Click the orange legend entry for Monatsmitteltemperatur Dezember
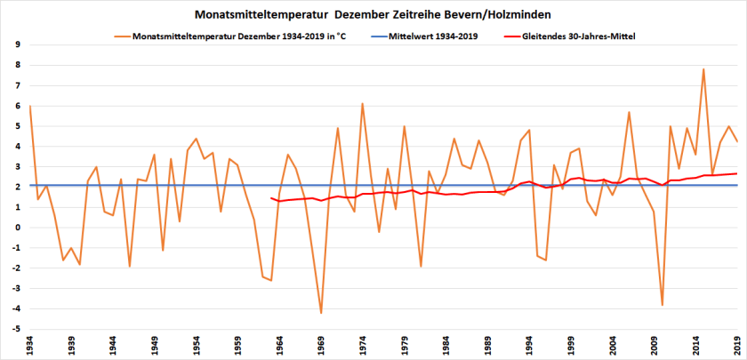click(237, 37)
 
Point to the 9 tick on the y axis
click(19, 44)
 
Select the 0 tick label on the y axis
click(19, 228)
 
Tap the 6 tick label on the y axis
click(19, 106)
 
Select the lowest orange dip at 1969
click(321, 313)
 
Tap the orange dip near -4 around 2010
click(663, 305)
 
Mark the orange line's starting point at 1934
click(29, 106)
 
